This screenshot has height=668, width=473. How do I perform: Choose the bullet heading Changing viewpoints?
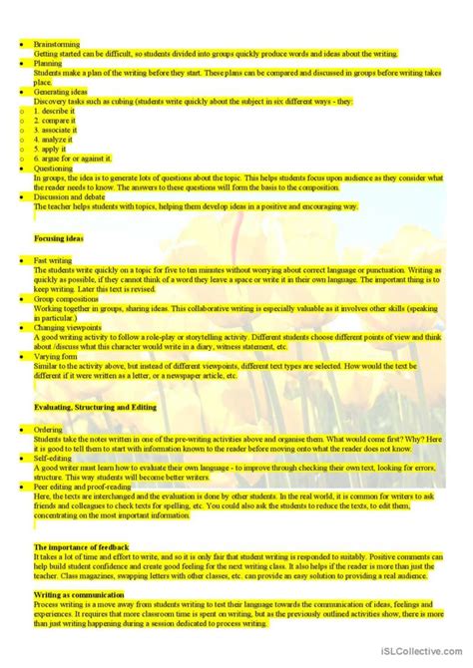pos(68,327)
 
